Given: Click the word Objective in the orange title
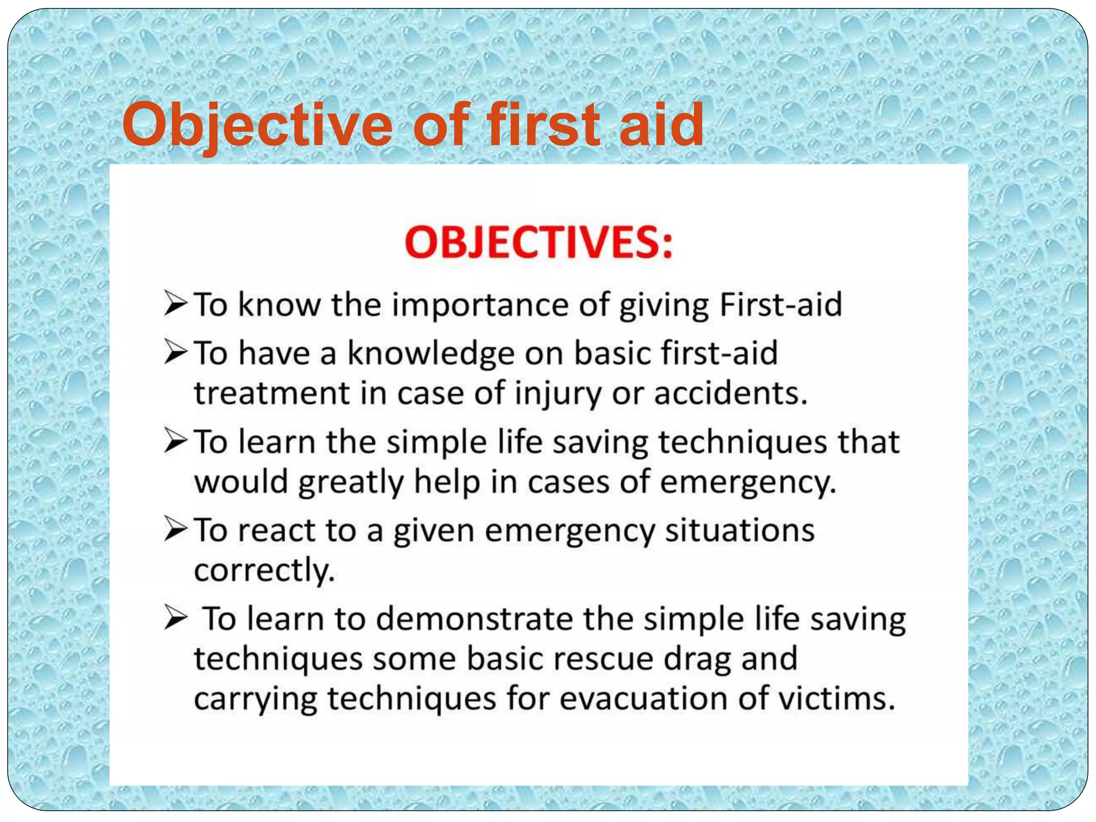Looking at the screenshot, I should coord(257,126).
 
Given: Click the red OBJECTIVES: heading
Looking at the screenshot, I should coord(538,243).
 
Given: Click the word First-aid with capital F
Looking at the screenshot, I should coord(781,305).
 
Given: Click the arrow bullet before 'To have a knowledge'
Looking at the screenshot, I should coord(176,353).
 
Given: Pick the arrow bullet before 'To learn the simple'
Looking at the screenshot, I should coord(176,442).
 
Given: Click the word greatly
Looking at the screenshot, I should coord(351,482).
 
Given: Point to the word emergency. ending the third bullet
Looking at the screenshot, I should coord(748,482).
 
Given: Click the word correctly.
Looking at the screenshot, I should coord(264,570).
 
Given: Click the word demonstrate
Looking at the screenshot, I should coord(474,619).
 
